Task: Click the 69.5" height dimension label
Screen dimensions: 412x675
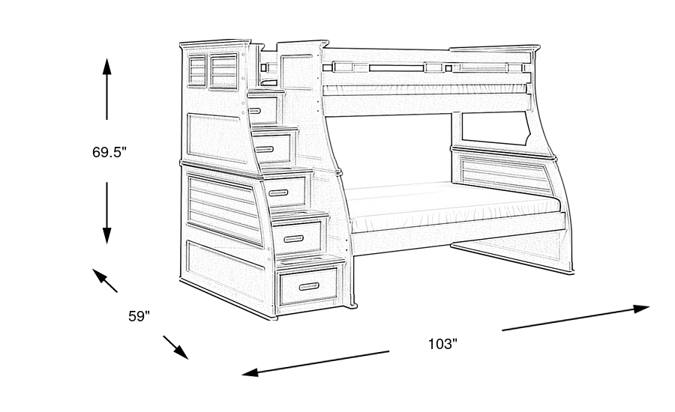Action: tap(109, 152)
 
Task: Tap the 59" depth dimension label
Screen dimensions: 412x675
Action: tap(139, 316)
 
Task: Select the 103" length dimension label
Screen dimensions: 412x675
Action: tap(442, 345)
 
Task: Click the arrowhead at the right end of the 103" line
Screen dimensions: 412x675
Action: tap(641, 307)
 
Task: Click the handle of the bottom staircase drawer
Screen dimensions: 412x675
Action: tap(308, 286)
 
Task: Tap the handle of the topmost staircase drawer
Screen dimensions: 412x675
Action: tap(255, 111)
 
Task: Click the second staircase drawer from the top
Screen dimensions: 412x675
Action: tap(274, 148)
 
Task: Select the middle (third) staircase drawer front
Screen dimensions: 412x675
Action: tap(287, 193)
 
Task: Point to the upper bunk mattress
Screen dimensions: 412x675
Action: tap(424, 89)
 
